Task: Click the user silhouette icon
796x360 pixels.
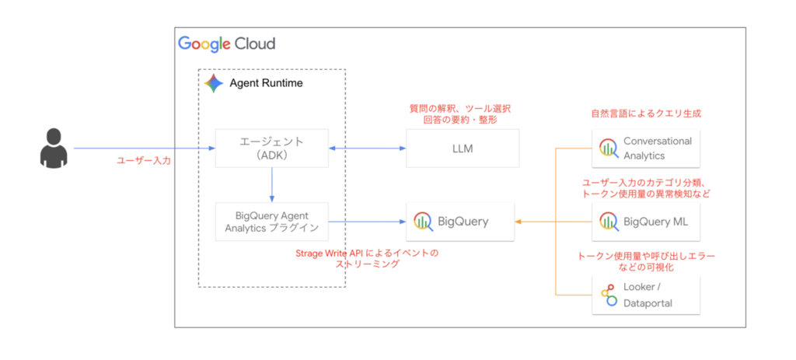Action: (54, 149)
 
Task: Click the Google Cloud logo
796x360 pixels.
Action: (226, 44)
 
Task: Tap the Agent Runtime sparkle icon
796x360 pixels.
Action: (214, 83)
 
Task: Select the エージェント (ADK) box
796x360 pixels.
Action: (271, 149)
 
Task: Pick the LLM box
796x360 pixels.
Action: (463, 149)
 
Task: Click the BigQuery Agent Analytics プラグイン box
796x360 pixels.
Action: (271, 222)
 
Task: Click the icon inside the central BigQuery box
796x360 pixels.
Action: (424, 222)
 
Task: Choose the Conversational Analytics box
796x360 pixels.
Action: (646, 149)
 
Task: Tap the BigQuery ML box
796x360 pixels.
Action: (646, 222)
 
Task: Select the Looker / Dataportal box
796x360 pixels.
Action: (646, 295)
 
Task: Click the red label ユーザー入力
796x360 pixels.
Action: (144, 160)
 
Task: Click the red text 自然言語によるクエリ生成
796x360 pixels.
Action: (646, 114)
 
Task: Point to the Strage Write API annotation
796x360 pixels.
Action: (367, 258)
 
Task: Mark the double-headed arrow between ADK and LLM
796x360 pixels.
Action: (367, 149)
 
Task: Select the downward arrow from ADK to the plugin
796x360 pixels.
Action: (272, 185)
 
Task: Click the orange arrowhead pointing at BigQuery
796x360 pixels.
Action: (518, 222)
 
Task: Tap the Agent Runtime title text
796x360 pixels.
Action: (266, 83)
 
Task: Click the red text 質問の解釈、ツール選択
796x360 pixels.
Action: (460, 108)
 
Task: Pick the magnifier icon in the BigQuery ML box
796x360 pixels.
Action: (609, 222)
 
